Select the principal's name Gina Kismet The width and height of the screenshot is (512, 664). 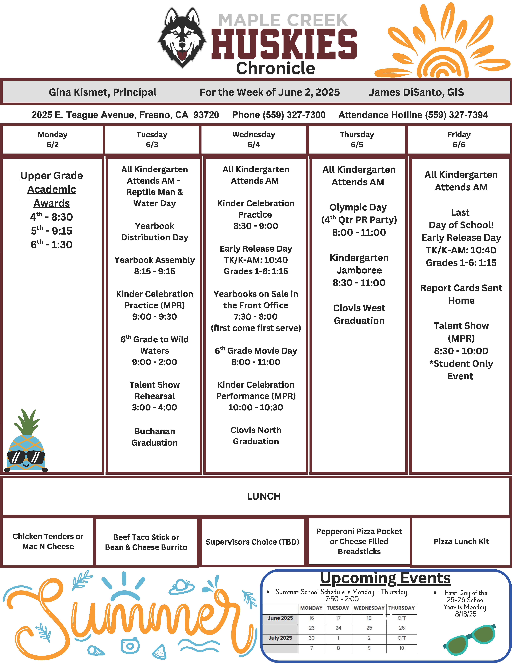coord(103,92)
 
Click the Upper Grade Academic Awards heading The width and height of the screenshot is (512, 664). coord(52,189)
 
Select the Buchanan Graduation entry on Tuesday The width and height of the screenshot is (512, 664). coord(155,437)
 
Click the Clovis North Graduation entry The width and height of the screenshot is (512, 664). coord(256,436)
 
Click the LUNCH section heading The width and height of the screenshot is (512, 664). coord(264,496)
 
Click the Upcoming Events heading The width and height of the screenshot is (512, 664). coord(385,578)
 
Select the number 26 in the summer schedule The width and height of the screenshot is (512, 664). coord(401,628)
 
